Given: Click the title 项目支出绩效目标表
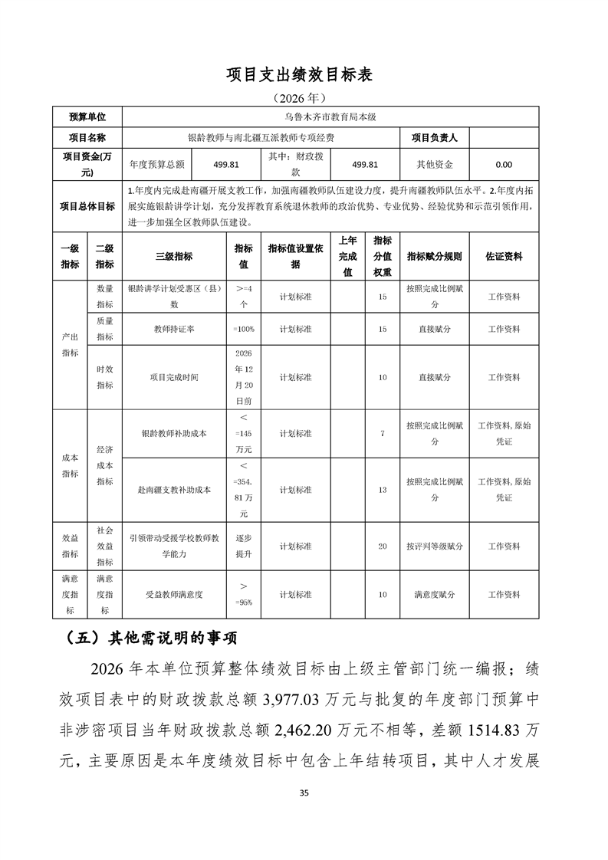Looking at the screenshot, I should pos(304,74).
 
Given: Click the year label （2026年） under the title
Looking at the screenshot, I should pos(304,98).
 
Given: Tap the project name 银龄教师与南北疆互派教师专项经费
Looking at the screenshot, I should pos(261,138).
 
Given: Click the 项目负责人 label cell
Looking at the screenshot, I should pos(434,138).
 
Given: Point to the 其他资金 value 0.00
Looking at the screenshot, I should pos(504,164).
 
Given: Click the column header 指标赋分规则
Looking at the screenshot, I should pos(434,257).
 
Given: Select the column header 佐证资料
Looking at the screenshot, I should pos(504,257).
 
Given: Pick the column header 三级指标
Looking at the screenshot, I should pos(174,257).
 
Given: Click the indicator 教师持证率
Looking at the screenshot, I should pos(174,329).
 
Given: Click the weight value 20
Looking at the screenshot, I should pos(382,547).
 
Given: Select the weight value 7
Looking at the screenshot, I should pos(382,433).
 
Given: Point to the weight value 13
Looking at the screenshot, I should pos(382,489).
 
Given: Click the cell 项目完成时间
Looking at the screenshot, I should pos(174,377).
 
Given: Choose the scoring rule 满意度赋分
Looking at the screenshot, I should pos(434,594).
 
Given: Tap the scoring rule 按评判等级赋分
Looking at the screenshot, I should pos(434,547).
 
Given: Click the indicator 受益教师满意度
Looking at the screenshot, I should pos(174,594).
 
